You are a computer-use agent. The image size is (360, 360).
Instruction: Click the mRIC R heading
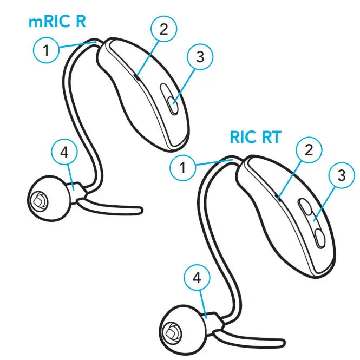[57, 23]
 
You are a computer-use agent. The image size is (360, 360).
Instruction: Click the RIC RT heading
[256, 137]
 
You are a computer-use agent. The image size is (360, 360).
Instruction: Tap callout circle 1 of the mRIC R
[47, 51]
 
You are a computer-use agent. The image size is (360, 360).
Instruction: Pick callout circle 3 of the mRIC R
[200, 57]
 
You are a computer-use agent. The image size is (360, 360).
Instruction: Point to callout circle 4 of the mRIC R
[64, 153]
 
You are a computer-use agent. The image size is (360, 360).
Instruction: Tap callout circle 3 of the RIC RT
[341, 176]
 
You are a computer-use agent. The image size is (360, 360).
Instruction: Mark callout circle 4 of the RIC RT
[197, 279]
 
